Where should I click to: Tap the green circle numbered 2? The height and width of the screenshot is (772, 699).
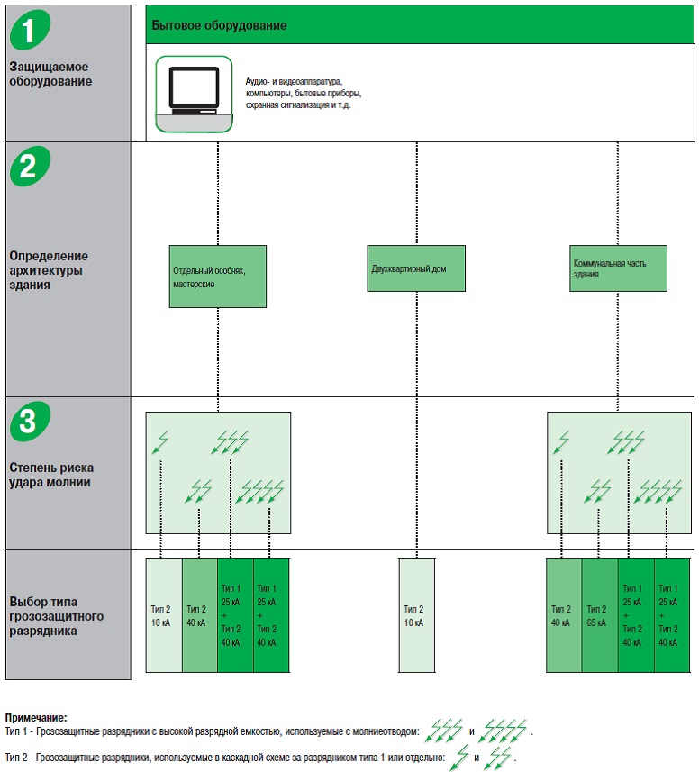click(x=30, y=167)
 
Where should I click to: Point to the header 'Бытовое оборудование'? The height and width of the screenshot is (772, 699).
click(x=220, y=25)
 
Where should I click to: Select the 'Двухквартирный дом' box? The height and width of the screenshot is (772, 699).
click(x=417, y=268)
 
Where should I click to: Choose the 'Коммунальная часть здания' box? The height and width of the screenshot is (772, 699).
click(x=619, y=268)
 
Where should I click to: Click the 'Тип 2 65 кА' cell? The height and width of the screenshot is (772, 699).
click(x=599, y=614)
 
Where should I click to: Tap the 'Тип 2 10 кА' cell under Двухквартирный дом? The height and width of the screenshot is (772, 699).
click(x=416, y=614)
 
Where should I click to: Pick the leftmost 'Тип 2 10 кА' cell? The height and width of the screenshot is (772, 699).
click(x=164, y=614)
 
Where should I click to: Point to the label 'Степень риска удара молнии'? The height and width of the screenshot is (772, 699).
click(x=51, y=475)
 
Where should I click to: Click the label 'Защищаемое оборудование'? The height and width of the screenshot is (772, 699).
click(x=50, y=74)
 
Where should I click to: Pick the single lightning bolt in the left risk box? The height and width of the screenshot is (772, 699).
click(x=160, y=442)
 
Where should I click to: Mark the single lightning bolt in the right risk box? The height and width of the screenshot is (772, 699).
click(x=561, y=442)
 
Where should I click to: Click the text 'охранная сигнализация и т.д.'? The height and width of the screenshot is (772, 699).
click(x=298, y=105)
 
